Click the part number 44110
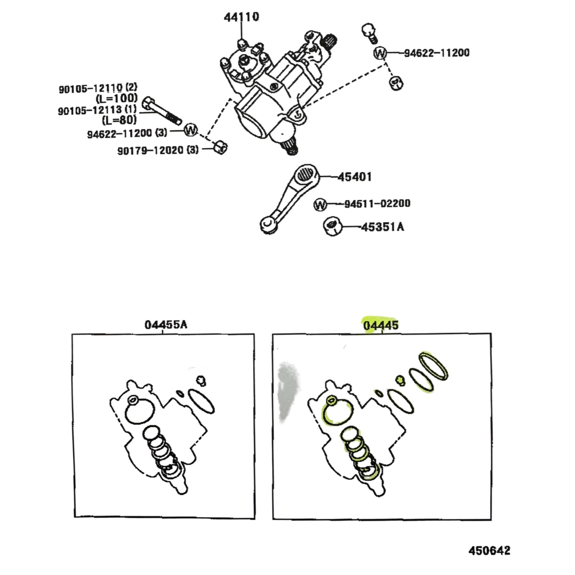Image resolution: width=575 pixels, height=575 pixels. [x=241, y=17]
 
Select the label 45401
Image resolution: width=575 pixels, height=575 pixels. [x=355, y=177]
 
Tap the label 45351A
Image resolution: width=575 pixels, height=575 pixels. [x=382, y=227]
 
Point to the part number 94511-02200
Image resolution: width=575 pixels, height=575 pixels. [x=378, y=204]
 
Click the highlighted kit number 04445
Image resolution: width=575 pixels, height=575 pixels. [x=381, y=325]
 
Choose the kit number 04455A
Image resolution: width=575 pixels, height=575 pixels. [x=166, y=324]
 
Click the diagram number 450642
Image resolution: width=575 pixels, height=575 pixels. [x=489, y=551]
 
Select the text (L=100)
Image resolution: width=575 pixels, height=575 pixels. [x=117, y=98]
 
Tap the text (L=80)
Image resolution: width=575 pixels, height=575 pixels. [x=119, y=120]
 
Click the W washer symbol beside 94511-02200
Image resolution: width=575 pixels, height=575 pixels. [x=320, y=205]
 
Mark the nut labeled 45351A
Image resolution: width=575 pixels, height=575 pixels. [x=332, y=227]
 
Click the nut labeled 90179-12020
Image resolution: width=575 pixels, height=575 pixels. [x=220, y=147]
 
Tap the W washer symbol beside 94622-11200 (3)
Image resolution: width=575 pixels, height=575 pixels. [x=191, y=130]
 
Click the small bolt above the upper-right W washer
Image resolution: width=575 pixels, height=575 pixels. [x=370, y=34]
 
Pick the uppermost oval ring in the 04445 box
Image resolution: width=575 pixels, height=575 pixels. [x=433, y=366]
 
